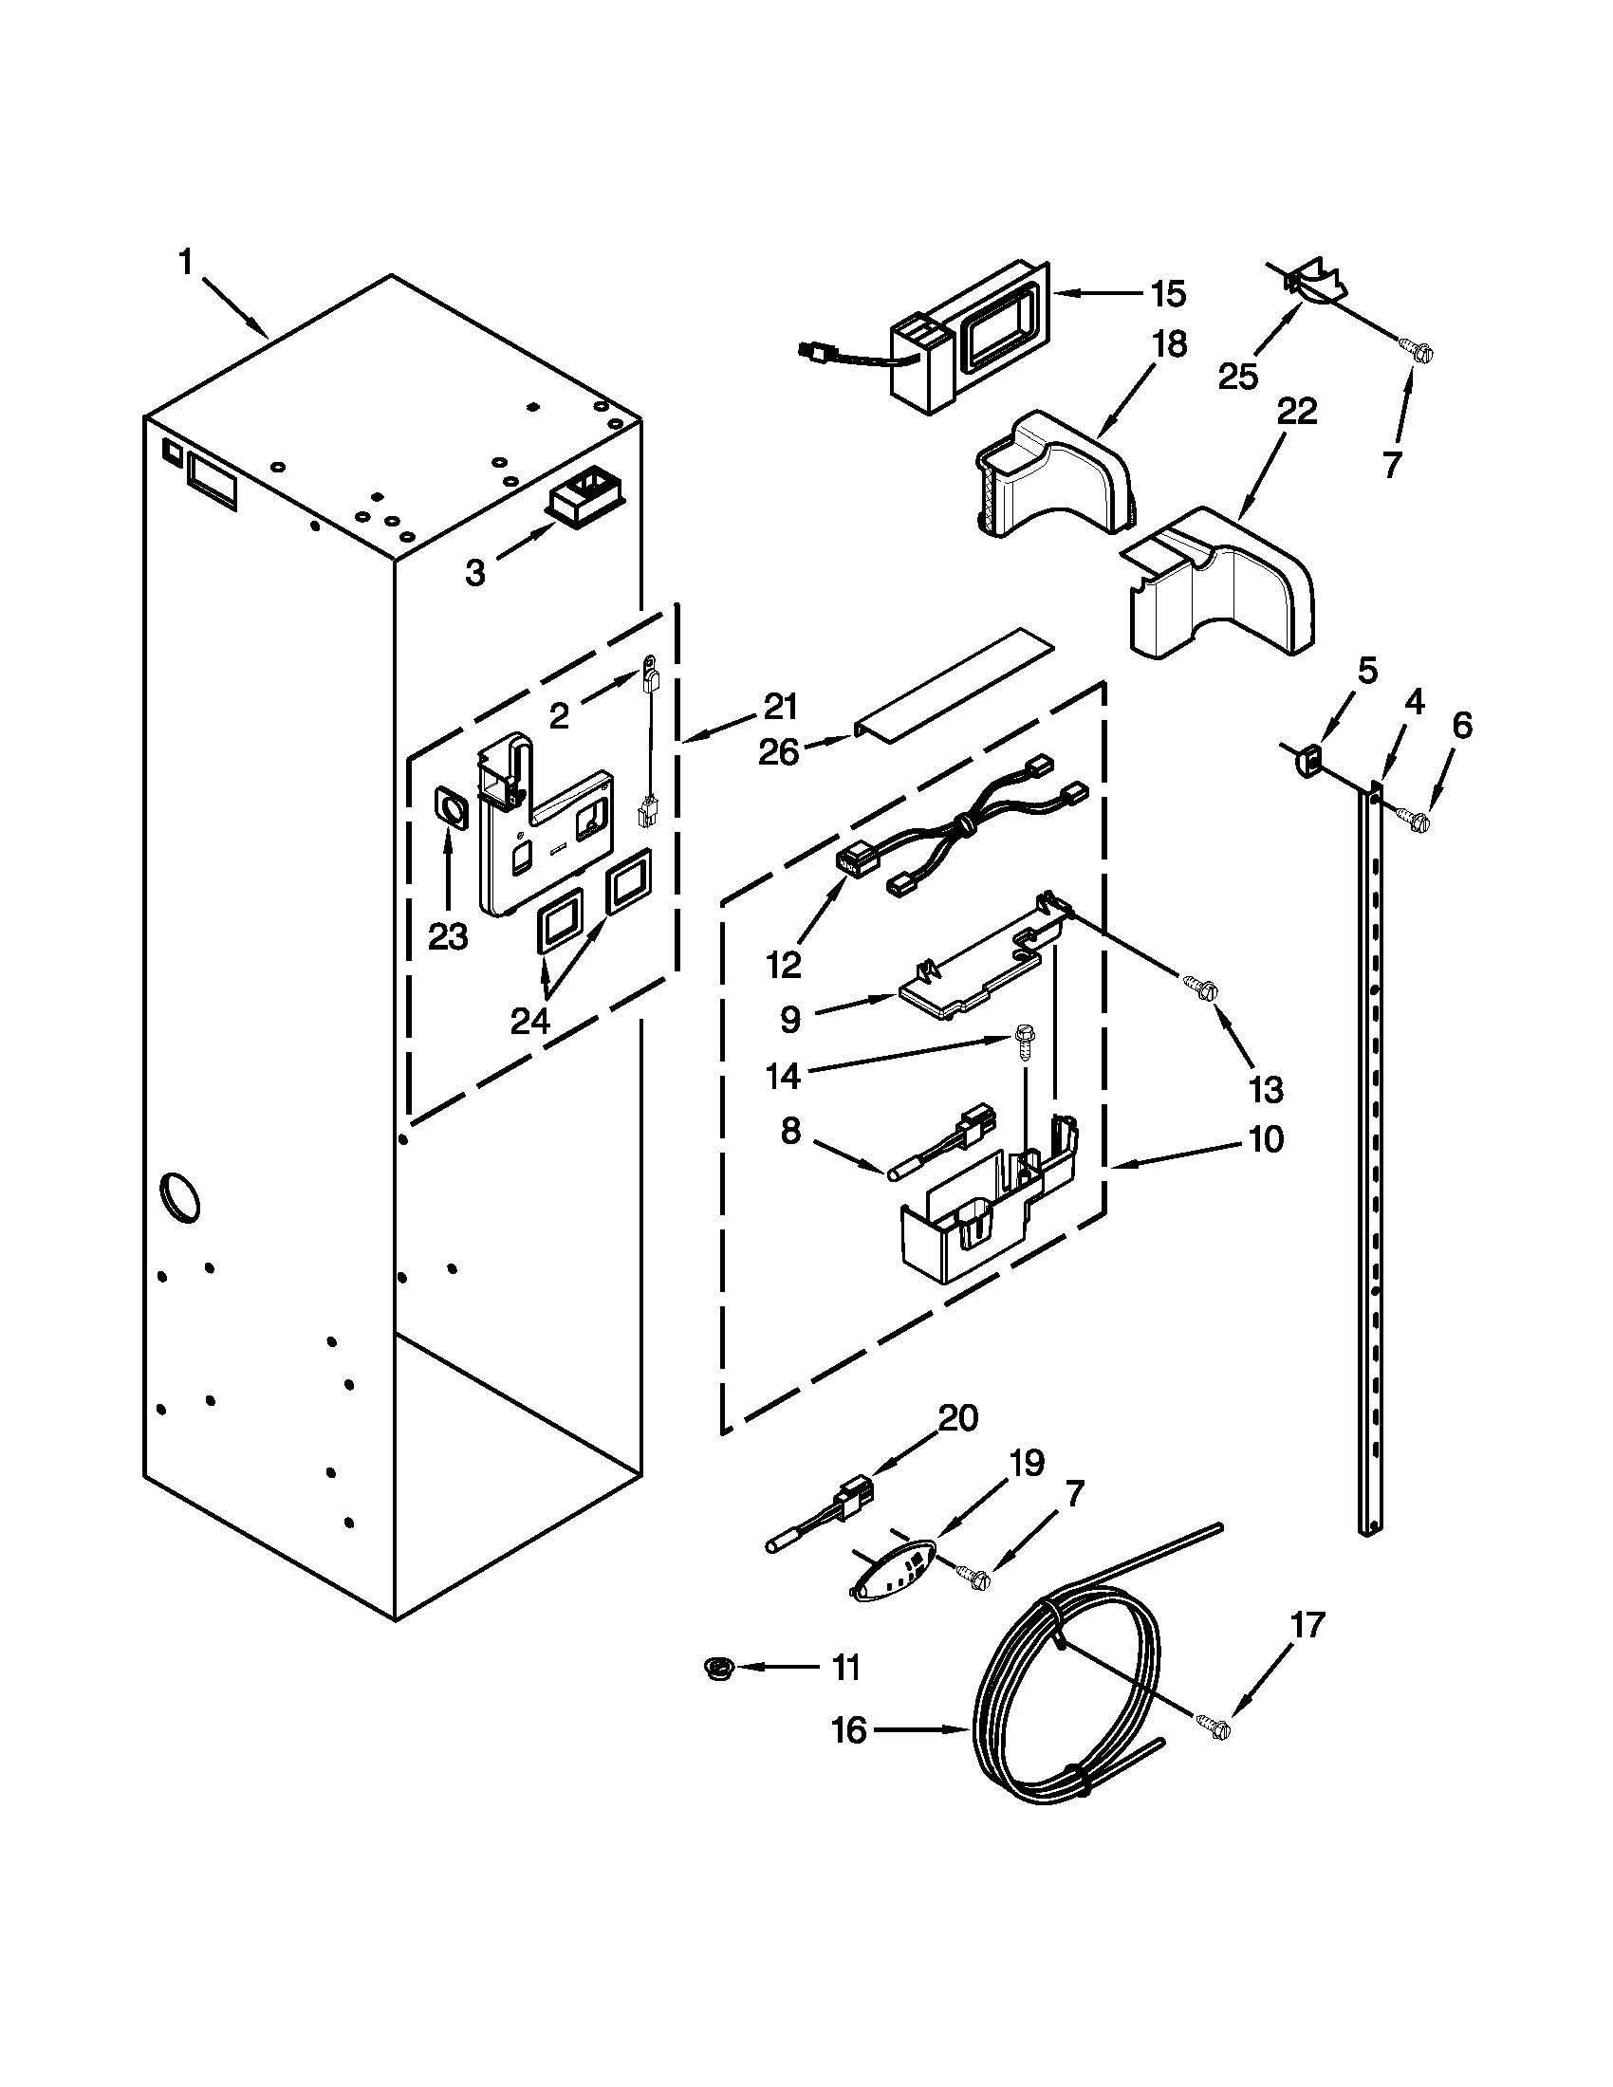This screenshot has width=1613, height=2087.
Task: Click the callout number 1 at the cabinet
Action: click(186, 262)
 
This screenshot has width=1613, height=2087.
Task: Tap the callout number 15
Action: click(1168, 294)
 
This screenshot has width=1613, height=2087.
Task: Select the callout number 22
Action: click(1297, 412)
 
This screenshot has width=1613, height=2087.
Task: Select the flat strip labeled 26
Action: click(955, 685)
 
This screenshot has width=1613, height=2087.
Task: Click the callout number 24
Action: click(530, 1022)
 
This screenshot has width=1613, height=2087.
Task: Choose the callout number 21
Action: click(780, 707)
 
